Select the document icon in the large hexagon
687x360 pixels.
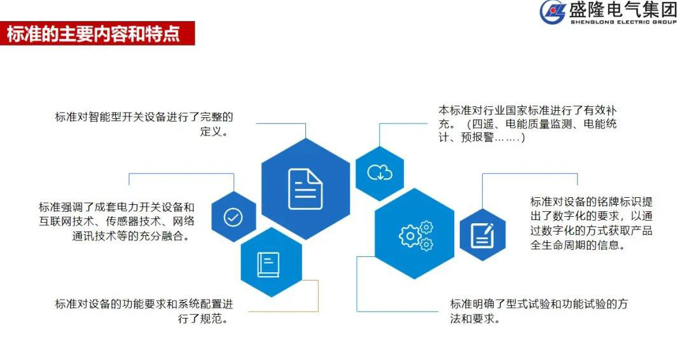[x=305, y=189]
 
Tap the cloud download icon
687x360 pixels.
[x=380, y=172]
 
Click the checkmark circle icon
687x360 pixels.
[x=233, y=218]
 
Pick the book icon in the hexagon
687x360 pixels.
[x=268, y=264]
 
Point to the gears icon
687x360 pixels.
[x=415, y=235]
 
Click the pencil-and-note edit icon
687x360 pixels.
[x=482, y=235]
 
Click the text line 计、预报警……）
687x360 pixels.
[x=482, y=137]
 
